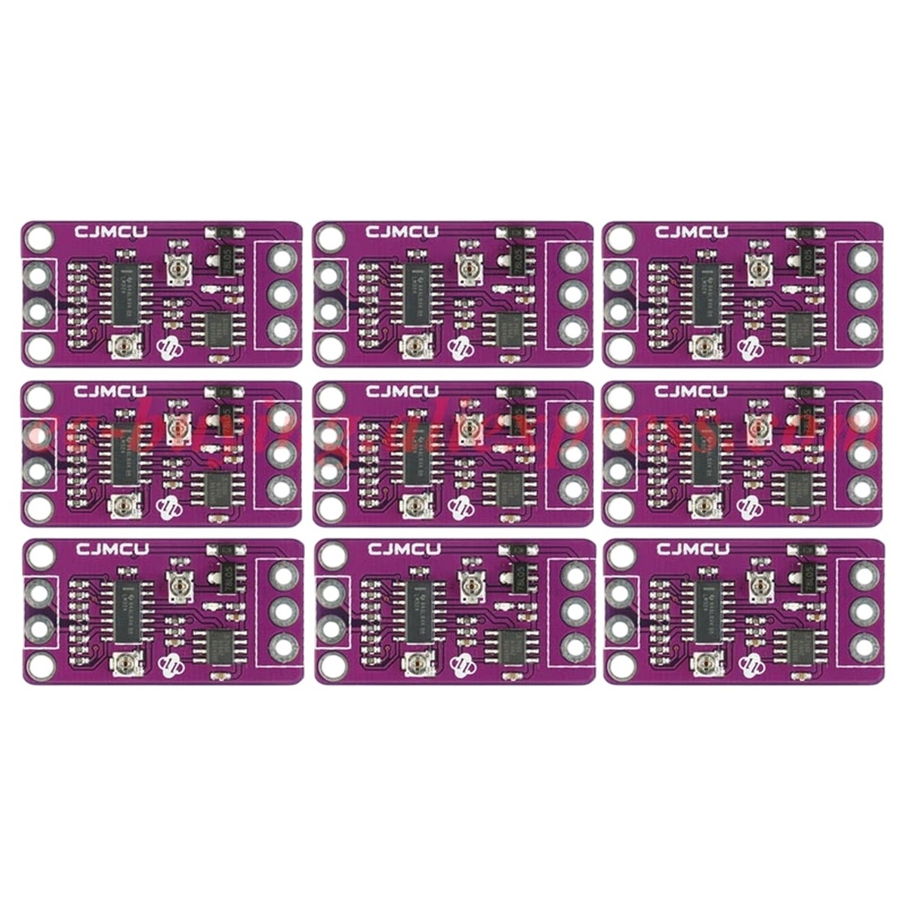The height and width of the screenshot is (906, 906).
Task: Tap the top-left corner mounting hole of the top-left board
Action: [33, 239]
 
